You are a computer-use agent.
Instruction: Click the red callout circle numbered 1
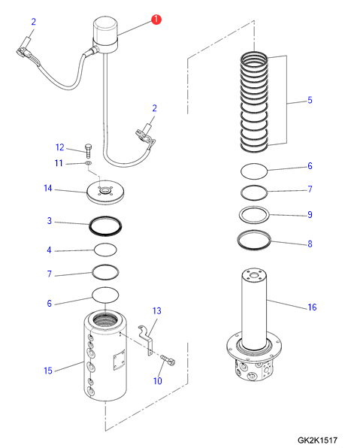(x=156, y=20)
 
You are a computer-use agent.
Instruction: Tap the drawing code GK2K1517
(x=317, y=440)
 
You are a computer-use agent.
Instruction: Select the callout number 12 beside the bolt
(x=59, y=147)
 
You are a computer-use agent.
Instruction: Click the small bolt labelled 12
(x=88, y=151)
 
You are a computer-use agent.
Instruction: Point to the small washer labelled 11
(x=88, y=163)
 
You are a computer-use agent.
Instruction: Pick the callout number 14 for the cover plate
(x=48, y=188)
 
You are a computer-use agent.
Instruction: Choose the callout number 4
(x=49, y=250)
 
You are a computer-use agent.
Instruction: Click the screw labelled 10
(x=168, y=360)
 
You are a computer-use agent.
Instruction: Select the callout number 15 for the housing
(x=48, y=371)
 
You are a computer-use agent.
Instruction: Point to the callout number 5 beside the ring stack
(x=310, y=100)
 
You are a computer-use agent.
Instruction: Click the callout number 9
(x=310, y=214)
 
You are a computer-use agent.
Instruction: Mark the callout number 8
(x=310, y=244)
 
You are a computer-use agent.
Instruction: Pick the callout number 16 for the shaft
(x=312, y=307)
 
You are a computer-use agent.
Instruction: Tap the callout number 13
(x=157, y=310)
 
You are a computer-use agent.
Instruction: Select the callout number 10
(x=157, y=381)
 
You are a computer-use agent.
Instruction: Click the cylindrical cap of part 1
(x=105, y=29)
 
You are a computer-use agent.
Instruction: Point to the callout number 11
(x=59, y=163)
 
